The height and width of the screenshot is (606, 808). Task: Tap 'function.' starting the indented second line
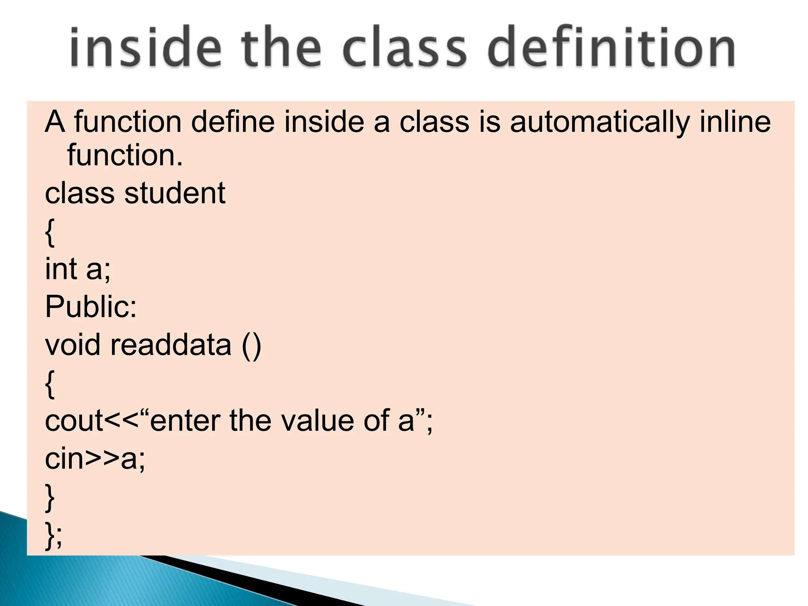pyautogui.click(x=125, y=155)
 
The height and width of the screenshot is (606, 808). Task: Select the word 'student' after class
pyautogui.click(x=175, y=193)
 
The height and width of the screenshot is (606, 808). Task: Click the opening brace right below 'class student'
pyautogui.click(x=50, y=233)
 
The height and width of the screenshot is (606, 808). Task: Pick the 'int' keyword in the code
pyautogui.click(x=61, y=269)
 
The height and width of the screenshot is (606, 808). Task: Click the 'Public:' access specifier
pyautogui.click(x=91, y=307)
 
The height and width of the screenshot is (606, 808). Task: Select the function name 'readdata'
pyautogui.click(x=170, y=345)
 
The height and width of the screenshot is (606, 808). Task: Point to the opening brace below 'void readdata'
pyautogui.click(x=50, y=384)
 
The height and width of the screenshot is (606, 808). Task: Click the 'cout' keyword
pyautogui.click(x=74, y=421)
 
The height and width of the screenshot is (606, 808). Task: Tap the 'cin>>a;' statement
pyautogui.click(x=95, y=459)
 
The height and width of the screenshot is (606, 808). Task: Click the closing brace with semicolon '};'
pyautogui.click(x=54, y=535)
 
